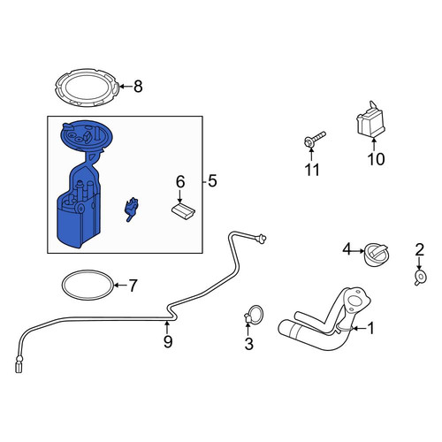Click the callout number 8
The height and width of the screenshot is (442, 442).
(138, 87)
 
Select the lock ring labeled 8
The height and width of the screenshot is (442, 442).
(88, 73)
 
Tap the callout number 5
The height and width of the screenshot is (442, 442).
(212, 181)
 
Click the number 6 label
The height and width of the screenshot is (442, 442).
(180, 182)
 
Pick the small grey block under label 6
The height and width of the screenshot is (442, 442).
(183, 211)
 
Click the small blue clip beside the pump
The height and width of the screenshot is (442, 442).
(131, 210)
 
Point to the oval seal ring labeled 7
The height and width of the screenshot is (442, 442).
(88, 272)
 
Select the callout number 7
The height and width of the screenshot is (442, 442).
(133, 286)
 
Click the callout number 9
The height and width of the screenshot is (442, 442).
(168, 342)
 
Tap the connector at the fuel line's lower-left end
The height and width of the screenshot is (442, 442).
(19, 364)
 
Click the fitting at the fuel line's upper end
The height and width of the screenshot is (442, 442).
(261, 238)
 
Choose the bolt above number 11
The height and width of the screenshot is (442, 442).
(315, 140)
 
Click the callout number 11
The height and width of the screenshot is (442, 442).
(312, 170)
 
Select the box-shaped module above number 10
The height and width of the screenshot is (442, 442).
(370, 120)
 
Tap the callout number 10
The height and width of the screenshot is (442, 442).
(376, 159)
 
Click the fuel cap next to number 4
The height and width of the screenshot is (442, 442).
(376, 255)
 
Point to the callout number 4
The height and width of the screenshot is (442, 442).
(347, 250)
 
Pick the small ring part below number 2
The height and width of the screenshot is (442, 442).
(421, 278)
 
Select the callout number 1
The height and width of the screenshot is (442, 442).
(371, 328)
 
